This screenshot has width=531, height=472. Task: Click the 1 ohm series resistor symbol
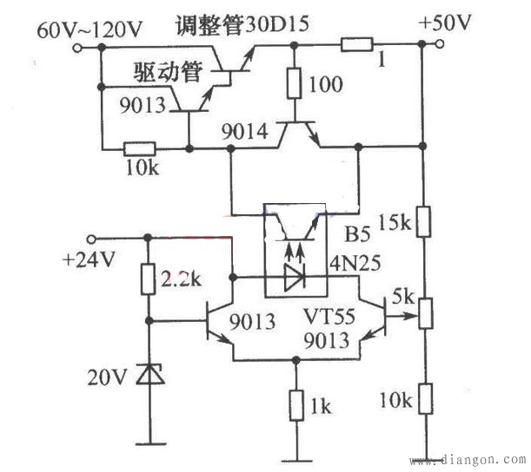[358, 45]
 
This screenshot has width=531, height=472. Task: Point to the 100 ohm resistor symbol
[295, 83]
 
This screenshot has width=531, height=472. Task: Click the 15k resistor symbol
[422, 221]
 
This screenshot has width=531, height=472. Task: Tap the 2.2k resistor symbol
[148, 279]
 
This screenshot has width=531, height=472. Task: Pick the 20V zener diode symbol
[148, 374]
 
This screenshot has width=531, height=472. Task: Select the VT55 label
[329, 315]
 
